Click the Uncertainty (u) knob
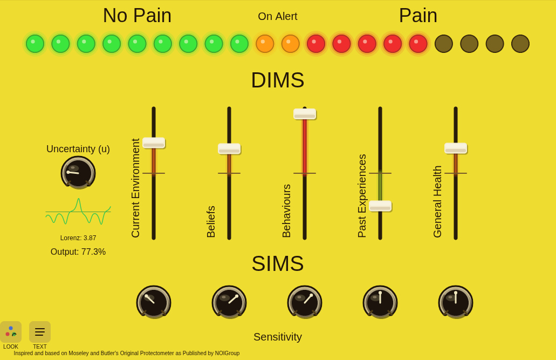[x=78, y=173]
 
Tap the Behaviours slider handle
[x=305, y=114]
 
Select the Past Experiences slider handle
[x=380, y=206]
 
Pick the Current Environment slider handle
[x=154, y=142]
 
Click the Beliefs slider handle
[x=229, y=149]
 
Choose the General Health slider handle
[x=456, y=148]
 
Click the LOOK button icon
[x=11, y=331]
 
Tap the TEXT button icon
[x=40, y=331]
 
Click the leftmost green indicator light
[x=35, y=44]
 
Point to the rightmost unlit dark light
[x=520, y=44]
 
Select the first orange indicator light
[x=265, y=44]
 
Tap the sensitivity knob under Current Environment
[x=154, y=302]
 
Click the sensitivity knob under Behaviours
[x=305, y=302]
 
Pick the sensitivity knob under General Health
[x=456, y=302]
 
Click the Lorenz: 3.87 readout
[x=78, y=238]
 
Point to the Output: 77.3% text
[x=78, y=252]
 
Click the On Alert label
[x=278, y=16]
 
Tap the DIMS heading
[x=278, y=80]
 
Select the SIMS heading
[x=278, y=264]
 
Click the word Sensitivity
[x=278, y=337]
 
